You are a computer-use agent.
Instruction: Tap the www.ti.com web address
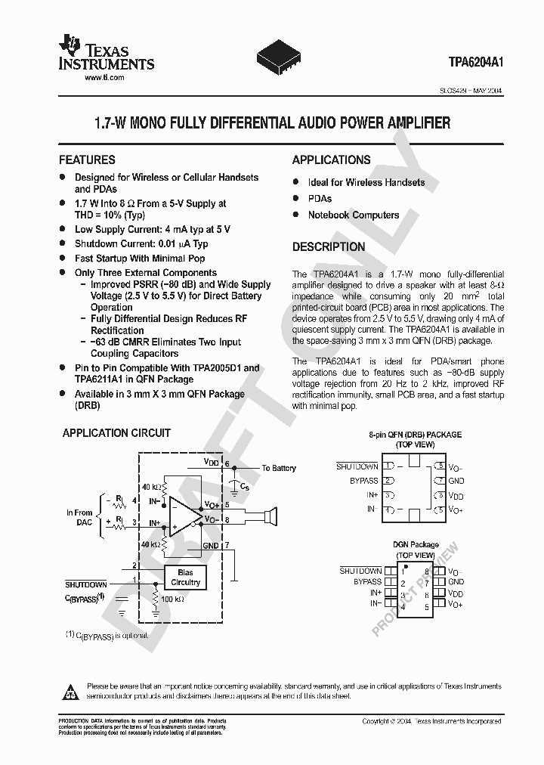[x=104, y=78]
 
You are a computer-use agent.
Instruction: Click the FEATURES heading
[x=87, y=160]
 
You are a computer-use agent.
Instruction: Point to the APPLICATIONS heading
[x=331, y=160]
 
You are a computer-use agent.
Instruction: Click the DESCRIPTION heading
[x=328, y=247]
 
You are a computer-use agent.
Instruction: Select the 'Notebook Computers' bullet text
[x=353, y=215]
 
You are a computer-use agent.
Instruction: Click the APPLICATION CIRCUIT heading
[x=116, y=433]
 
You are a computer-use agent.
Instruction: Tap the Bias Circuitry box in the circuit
[x=185, y=578]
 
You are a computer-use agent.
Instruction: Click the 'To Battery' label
[x=278, y=469]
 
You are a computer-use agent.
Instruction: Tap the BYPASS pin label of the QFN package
[x=364, y=481]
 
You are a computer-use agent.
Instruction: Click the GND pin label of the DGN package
[x=456, y=582]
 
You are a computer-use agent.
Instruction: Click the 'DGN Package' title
[x=415, y=544]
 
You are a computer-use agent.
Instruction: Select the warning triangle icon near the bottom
[x=70, y=690]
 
